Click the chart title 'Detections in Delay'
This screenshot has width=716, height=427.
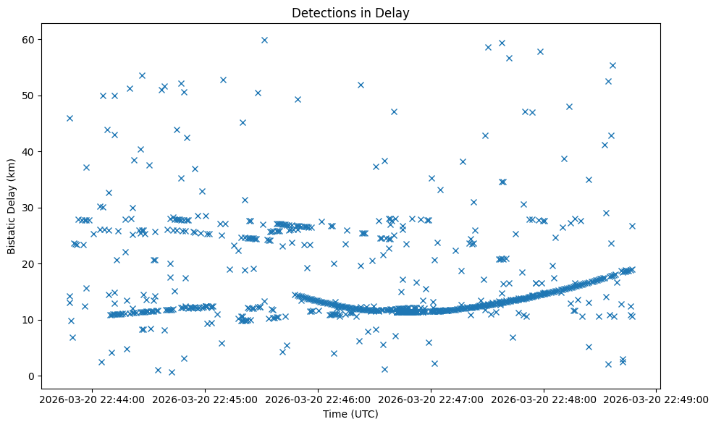point(350,12)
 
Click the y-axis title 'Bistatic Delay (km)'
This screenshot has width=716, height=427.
point(12,206)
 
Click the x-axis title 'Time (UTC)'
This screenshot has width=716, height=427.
point(350,415)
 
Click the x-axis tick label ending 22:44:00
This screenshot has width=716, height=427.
point(92,399)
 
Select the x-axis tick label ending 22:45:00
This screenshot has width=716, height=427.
point(205,399)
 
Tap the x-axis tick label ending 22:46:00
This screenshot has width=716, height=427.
point(318,399)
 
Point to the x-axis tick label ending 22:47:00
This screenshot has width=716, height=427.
point(431,399)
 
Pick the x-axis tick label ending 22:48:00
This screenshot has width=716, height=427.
point(544,399)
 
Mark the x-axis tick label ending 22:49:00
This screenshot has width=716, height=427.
point(657,399)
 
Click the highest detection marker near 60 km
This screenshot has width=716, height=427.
point(264,40)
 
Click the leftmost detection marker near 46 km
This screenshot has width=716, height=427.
point(70,118)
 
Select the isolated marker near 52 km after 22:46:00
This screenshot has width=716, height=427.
point(361,85)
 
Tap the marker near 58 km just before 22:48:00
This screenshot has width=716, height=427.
point(540,51)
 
